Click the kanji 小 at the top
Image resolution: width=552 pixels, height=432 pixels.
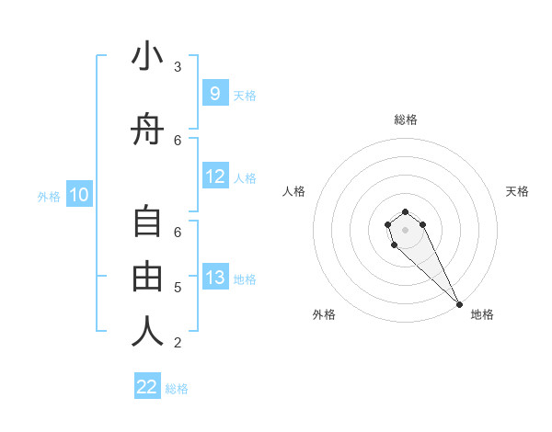(148, 58)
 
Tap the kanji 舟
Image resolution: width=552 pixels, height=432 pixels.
(148, 132)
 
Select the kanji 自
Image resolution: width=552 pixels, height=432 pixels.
(148, 224)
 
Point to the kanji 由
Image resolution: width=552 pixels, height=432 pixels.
(148, 277)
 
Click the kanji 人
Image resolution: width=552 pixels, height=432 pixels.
(148, 332)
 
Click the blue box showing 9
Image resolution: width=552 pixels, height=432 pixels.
(214, 93)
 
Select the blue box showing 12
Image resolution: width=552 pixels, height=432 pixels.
(214, 176)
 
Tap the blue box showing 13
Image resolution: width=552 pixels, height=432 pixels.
(214, 278)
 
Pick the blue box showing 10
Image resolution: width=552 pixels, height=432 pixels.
(79, 195)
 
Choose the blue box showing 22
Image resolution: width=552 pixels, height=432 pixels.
(147, 387)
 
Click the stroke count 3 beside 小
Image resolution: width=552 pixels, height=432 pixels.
(178, 67)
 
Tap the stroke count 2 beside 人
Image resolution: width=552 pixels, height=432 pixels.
(178, 343)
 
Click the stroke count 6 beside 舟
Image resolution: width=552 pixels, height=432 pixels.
(178, 140)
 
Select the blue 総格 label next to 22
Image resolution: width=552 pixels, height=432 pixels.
(177, 389)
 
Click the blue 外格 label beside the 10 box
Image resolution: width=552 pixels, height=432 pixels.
(49, 196)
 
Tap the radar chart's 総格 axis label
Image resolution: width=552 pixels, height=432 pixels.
(406, 119)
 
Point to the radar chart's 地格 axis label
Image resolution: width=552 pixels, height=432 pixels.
(482, 314)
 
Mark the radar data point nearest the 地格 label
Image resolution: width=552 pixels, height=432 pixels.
(459, 304)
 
